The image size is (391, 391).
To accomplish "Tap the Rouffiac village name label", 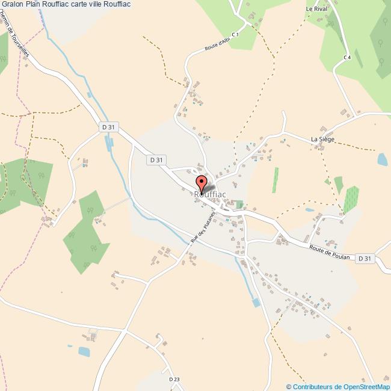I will point(210,194).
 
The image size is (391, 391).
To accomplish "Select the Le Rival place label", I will point(315,10).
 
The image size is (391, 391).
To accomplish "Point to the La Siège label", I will point(322,140).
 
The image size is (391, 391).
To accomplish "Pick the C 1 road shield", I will point(236,35).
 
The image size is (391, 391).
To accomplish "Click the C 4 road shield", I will point(347,57).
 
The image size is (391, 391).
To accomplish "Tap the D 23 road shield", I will point(174,379).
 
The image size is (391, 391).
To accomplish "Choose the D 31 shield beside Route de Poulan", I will point(365,259).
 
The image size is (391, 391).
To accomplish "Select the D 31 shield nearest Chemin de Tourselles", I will point(108,127).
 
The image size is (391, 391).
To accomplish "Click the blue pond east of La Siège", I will point(381,159).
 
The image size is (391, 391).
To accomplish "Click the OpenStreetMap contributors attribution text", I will point(338,386).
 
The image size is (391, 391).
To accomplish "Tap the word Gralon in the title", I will point(13,4).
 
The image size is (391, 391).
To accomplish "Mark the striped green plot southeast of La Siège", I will point(351,199).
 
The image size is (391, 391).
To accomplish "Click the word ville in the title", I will point(103,4).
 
